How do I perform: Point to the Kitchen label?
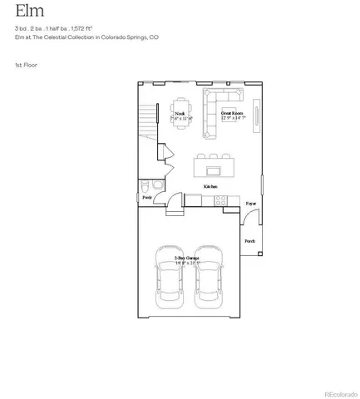(211, 186)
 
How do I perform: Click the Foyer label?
(250, 203)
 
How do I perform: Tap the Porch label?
(249, 241)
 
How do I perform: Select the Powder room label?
(147, 198)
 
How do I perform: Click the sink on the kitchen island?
(213, 171)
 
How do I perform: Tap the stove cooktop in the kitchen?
(222, 199)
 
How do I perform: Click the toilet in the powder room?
(145, 185)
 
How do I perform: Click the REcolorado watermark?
(339, 393)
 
